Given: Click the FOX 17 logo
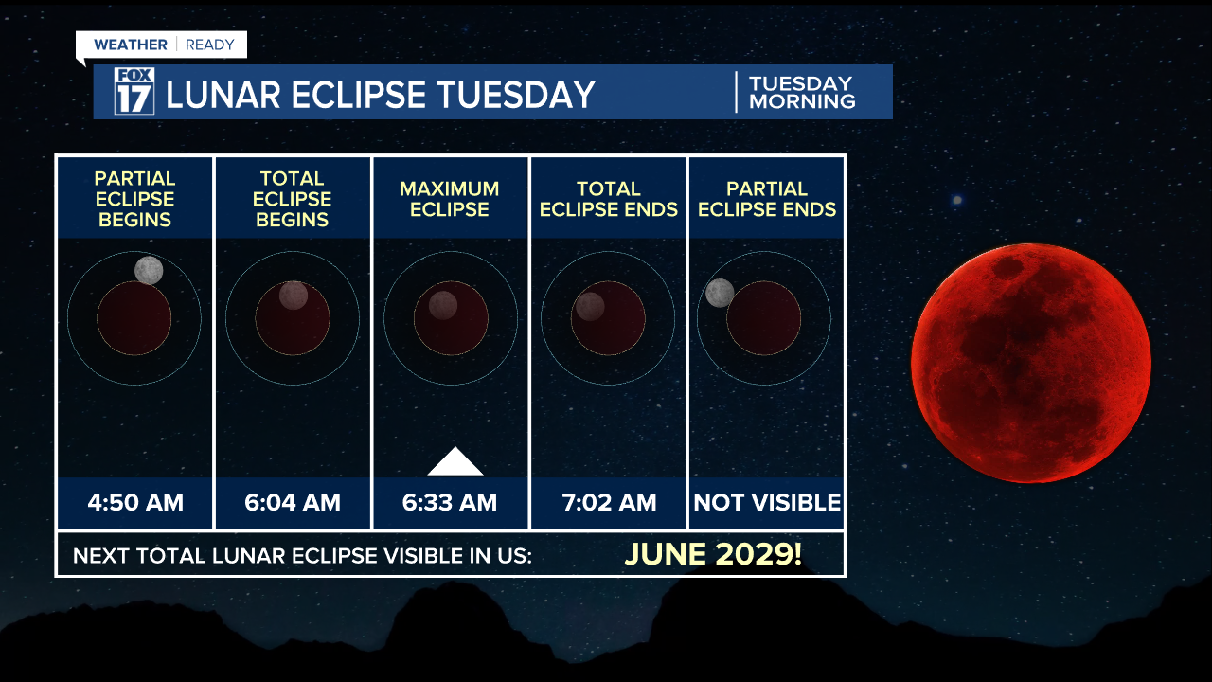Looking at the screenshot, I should pyautogui.click(x=134, y=92).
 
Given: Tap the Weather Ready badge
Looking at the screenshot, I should pyautogui.click(x=163, y=45).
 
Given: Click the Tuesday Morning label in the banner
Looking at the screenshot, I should pyautogui.click(x=801, y=92).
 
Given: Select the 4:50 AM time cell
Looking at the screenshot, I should pyautogui.click(x=135, y=502).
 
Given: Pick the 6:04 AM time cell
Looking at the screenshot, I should pyautogui.click(x=293, y=502).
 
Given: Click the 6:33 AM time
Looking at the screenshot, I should pyautogui.click(x=450, y=502).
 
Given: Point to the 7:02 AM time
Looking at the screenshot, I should pyautogui.click(x=608, y=502).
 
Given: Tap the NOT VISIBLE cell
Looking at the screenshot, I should pyautogui.click(x=767, y=502).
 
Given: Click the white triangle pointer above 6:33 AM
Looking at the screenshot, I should pyautogui.click(x=455, y=463).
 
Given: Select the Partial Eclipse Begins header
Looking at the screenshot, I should pyautogui.click(x=135, y=199).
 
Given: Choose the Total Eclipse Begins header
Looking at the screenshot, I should pyautogui.click(x=293, y=199).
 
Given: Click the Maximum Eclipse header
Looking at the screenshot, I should pyautogui.click(x=450, y=199).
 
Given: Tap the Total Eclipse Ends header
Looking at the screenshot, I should pyautogui.click(x=609, y=199).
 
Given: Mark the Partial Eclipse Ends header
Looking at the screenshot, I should pyautogui.click(x=767, y=199).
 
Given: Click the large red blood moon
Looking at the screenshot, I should pyautogui.click(x=1031, y=363).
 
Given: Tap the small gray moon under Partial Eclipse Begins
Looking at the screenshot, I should pyautogui.click(x=149, y=270).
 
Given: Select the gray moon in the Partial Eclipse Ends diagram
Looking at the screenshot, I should pyautogui.click(x=720, y=293).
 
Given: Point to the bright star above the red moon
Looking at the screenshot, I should pyautogui.click(x=957, y=200).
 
